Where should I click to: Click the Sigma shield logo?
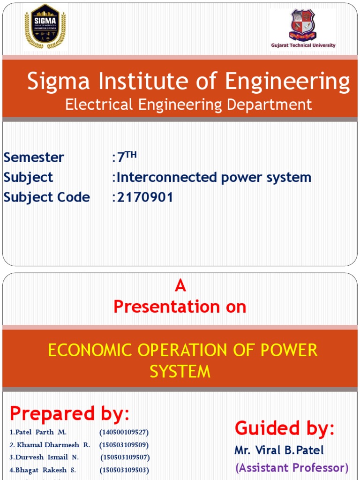point(45,27)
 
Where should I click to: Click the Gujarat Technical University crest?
point(302,24)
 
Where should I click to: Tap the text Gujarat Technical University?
point(303,45)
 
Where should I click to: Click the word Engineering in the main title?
point(287,82)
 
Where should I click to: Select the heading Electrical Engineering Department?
point(188,104)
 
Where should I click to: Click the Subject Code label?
point(46,197)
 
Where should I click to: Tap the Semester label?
point(34,157)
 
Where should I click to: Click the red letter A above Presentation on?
point(180,286)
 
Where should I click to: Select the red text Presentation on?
point(180,307)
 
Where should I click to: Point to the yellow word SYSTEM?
point(180,372)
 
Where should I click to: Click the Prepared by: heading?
point(69,413)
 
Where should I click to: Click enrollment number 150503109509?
point(124,444)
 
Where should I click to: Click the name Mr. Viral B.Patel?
point(279,450)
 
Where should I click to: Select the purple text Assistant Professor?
point(292,467)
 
